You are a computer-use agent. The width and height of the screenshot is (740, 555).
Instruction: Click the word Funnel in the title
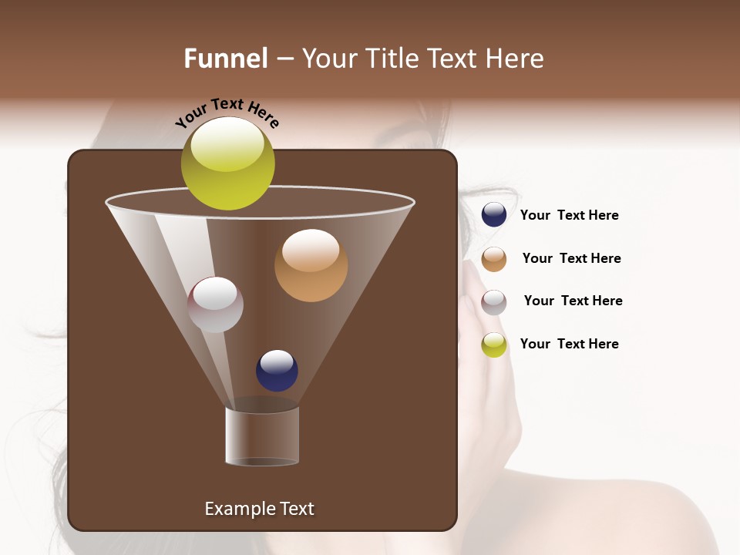[x=225, y=59]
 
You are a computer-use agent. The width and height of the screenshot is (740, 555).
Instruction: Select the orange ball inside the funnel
[x=311, y=266]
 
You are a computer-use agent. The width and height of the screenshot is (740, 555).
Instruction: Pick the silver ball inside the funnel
[x=216, y=305]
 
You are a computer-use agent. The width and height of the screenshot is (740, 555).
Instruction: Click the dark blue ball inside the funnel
[x=277, y=371]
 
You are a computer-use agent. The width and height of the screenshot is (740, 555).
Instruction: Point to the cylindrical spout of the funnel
[x=262, y=436]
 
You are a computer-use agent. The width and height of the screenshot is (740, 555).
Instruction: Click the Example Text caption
[x=259, y=509]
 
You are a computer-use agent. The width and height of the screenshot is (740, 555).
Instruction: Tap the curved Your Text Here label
[x=227, y=112]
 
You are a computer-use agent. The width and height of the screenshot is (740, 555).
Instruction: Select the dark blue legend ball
[x=494, y=215]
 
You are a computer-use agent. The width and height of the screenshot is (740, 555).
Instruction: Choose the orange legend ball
[x=494, y=259]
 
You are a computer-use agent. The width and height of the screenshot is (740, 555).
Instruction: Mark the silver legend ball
[x=494, y=302]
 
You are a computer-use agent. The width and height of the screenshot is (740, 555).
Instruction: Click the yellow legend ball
[x=494, y=345]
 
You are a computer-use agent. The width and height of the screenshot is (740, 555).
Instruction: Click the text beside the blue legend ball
[x=569, y=216]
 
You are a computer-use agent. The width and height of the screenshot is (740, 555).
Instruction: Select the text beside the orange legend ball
[x=571, y=258]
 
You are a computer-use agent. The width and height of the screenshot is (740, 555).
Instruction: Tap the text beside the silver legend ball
[x=573, y=301]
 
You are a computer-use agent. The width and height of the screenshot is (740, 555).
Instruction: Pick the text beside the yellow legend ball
[x=569, y=344]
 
